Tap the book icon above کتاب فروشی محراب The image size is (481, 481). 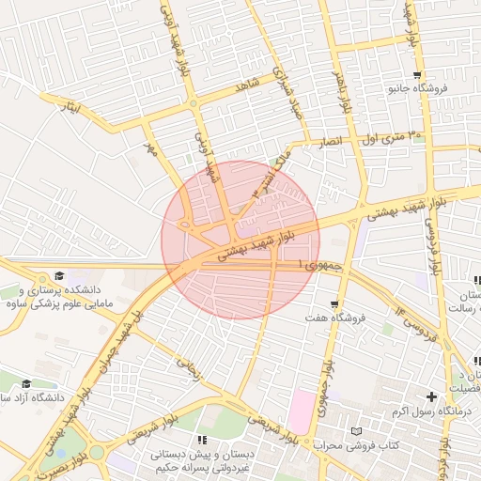tap(355, 431)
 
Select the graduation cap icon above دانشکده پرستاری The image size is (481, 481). tap(60, 275)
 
